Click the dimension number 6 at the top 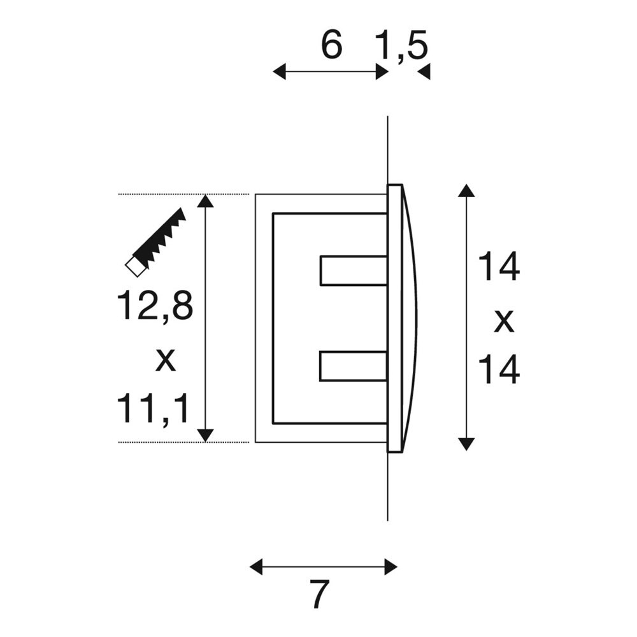[x=331, y=45]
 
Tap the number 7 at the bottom [x=319, y=594]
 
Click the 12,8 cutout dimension [x=155, y=306]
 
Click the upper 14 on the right [x=499, y=266]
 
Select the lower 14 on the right [x=499, y=369]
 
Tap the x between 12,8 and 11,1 [x=166, y=360]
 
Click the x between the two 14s [x=504, y=321]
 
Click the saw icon [x=155, y=243]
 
